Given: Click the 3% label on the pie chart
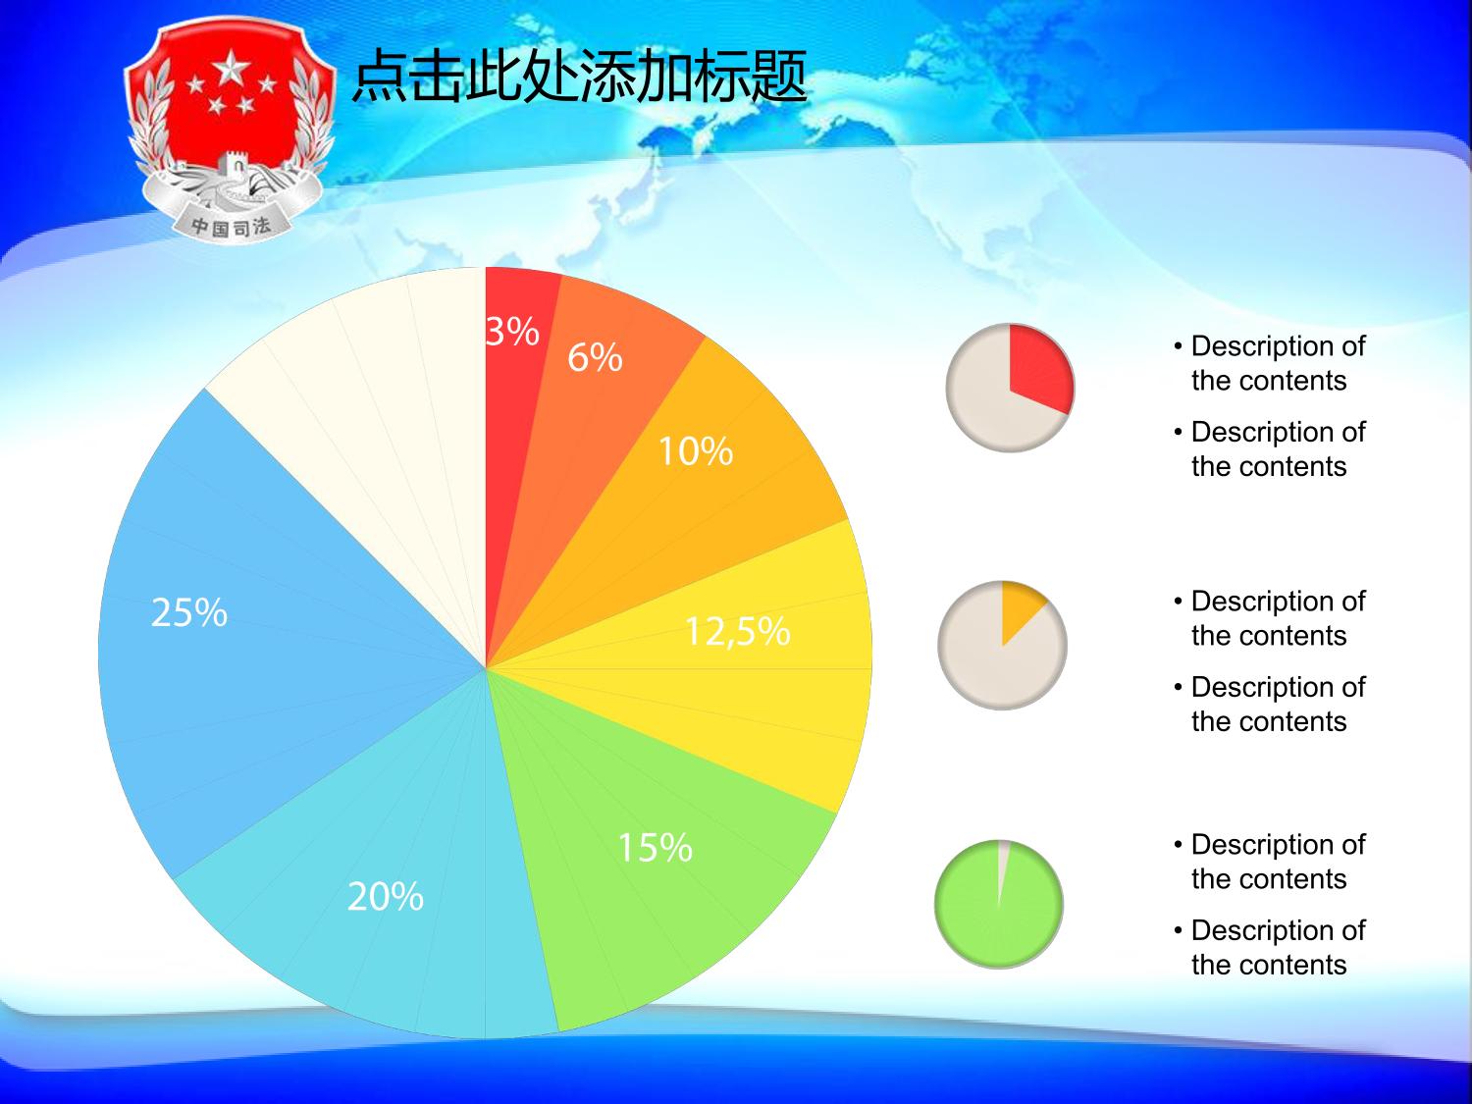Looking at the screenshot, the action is click(512, 331).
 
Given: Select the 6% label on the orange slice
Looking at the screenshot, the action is click(595, 356).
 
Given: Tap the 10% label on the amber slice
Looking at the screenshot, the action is click(696, 450).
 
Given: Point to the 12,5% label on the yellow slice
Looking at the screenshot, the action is click(738, 631).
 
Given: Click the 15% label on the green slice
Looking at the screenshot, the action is click(655, 847).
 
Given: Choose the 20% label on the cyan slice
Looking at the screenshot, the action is click(386, 896).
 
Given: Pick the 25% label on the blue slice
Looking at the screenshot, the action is click(189, 612).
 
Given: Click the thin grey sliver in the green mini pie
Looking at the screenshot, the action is click(1002, 865).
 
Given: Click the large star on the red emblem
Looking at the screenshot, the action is click(232, 69).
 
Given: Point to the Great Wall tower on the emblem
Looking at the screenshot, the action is click(232, 169).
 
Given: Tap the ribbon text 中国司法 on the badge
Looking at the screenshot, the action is click(232, 227).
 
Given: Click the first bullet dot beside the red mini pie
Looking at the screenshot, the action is click(1179, 346).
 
